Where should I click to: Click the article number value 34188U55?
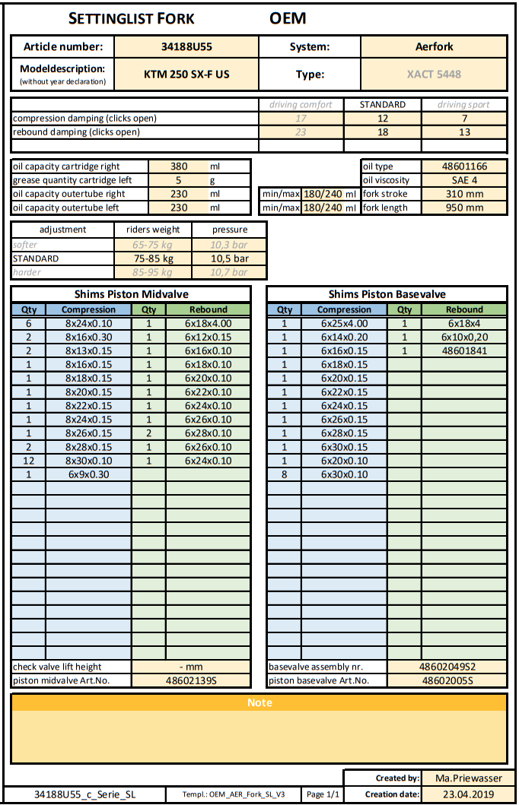pyautogui.click(x=186, y=46)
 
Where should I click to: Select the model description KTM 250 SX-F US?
pyautogui.click(x=186, y=74)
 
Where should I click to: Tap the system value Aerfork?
pyautogui.click(x=434, y=46)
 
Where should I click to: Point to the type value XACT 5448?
pyautogui.click(x=434, y=74)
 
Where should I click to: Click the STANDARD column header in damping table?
pyautogui.click(x=383, y=104)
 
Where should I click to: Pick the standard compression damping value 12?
pyautogui.click(x=383, y=118)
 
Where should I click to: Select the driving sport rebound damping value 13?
pyautogui.click(x=464, y=132)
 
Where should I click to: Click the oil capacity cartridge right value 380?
pyautogui.click(x=178, y=166)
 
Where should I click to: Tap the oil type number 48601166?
pyautogui.click(x=464, y=166)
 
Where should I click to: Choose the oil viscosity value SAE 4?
pyautogui.click(x=464, y=180)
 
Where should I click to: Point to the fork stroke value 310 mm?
pyautogui.click(x=464, y=194)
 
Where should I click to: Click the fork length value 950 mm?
pyautogui.click(x=464, y=208)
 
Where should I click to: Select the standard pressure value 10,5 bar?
pyautogui.click(x=229, y=258)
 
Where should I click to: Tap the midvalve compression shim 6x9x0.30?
pyautogui.click(x=90, y=474)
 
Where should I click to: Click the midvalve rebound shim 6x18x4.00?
pyautogui.click(x=209, y=323)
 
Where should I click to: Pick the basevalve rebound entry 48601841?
pyautogui.click(x=464, y=350)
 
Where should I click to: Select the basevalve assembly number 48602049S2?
pyautogui.click(x=447, y=667)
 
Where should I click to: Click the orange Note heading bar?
pyautogui.click(x=259, y=702)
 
